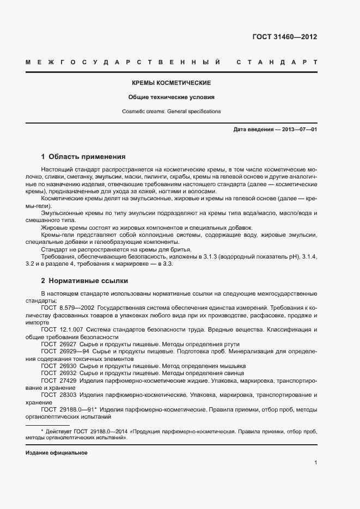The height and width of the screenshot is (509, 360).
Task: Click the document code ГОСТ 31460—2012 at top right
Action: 284,38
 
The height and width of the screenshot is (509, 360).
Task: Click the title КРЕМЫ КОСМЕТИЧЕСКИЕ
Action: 172,83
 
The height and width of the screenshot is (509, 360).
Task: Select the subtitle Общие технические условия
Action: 172,97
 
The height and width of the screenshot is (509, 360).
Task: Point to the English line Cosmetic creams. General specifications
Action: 172,111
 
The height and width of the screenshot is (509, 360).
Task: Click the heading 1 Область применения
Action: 83,156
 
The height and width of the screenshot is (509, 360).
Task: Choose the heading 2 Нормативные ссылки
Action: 84,281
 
